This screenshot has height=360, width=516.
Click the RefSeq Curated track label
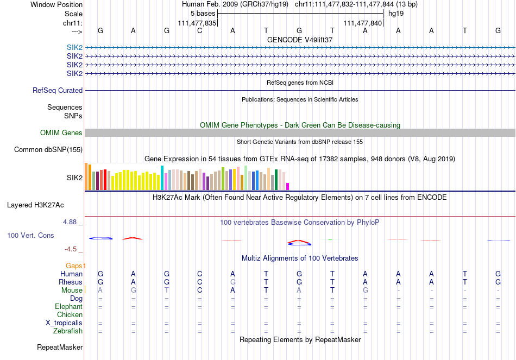(x=58, y=91)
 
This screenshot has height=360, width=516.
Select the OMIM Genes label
(x=61, y=133)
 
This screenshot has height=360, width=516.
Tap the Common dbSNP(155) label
(x=48, y=150)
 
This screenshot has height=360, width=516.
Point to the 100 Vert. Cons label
(x=30, y=236)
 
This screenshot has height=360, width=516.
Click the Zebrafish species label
(x=68, y=331)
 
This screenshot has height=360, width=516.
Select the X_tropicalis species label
(x=64, y=323)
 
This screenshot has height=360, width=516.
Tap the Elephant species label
(x=69, y=307)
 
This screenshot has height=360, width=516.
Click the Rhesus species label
(x=71, y=282)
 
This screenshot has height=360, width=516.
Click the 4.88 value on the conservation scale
(x=71, y=222)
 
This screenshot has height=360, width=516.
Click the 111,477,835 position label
(x=197, y=23)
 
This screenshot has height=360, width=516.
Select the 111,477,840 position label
(x=363, y=23)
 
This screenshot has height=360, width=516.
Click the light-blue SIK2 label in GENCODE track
(x=75, y=48)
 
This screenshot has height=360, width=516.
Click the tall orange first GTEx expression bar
(x=86, y=176)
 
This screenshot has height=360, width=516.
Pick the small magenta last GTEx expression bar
(x=288, y=186)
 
